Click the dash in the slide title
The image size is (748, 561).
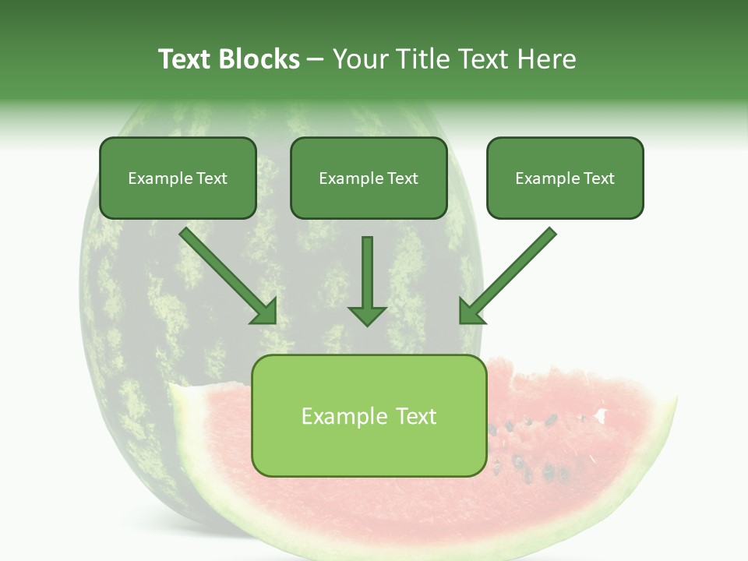316,60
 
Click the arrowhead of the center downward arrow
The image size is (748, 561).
367,315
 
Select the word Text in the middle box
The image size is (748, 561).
402,178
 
